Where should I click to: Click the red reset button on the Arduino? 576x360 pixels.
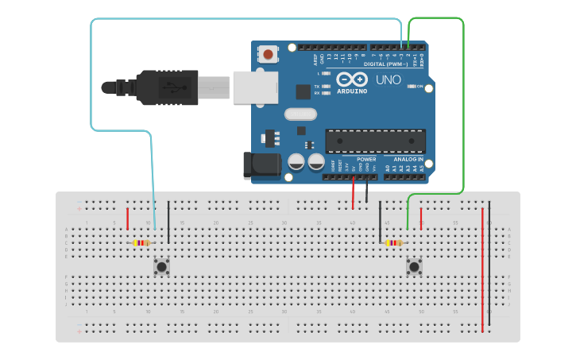pos(269,54)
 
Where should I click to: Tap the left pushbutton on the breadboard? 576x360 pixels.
pos(162,266)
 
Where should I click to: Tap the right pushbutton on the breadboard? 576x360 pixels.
pos(414,266)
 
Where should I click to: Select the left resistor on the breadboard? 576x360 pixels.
pos(141,243)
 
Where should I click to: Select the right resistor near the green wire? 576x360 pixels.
pos(393,243)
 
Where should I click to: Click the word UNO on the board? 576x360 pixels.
pos(388,80)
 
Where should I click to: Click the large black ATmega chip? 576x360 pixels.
pos(375,141)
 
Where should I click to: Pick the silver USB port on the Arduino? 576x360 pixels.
pos(255,87)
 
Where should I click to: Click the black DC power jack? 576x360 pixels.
pos(263,165)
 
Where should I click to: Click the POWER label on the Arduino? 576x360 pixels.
pos(366,159)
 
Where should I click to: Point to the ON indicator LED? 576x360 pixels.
pos(412,86)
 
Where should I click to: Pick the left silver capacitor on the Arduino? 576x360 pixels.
pos(296,162)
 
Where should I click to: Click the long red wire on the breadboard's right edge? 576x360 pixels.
pos(482,270)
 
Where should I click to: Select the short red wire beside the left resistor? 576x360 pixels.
pos(127,219)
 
